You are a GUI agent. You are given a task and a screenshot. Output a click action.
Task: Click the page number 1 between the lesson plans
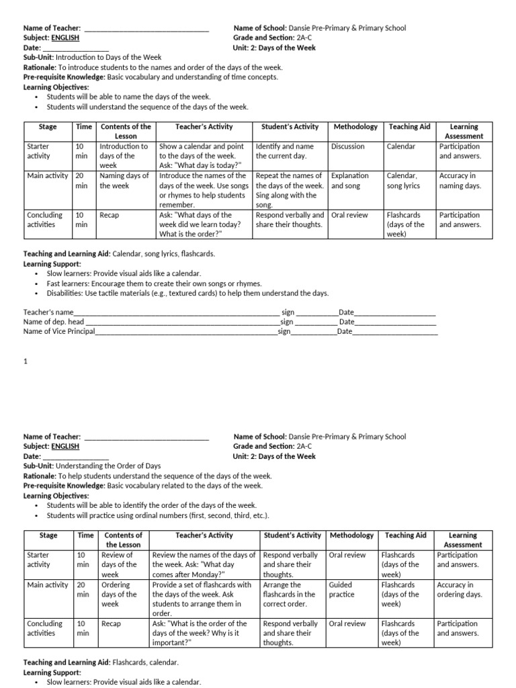pos(26,361)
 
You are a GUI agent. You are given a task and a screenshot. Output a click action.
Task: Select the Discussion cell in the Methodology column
pos(348,146)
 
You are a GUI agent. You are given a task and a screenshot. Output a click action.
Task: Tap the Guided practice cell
pos(341,590)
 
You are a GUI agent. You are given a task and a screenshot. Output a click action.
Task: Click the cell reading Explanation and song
pos(350,181)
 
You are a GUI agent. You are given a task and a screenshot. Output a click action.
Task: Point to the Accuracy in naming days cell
pos(460,181)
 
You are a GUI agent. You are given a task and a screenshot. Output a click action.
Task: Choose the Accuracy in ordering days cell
pos(460,590)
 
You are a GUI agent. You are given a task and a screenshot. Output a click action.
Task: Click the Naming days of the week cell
pos(124,181)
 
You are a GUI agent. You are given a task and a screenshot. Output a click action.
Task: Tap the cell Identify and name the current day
pos(285,151)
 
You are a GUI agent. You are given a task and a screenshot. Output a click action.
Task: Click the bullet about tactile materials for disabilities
pos(187,294)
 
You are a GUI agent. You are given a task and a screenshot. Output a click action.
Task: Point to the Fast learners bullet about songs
pos(154,284)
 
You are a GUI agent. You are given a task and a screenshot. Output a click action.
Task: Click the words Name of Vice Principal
pos(59,331)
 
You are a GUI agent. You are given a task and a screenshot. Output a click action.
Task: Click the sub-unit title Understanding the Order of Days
pos(107,466)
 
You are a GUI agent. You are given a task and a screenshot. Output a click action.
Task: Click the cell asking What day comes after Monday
pos(204,565)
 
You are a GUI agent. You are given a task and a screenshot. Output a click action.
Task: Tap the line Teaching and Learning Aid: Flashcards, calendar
pos(101,662)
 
